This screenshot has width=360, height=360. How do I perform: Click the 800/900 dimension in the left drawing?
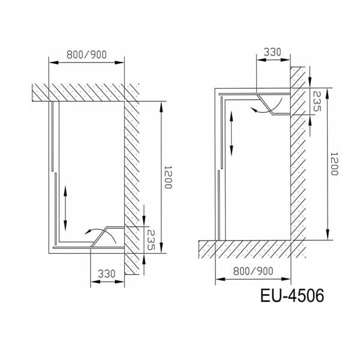coord(87,55)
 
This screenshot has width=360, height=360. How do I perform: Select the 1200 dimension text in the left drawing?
coord(169,178)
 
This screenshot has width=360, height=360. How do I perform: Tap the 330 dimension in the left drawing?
coord(106,273)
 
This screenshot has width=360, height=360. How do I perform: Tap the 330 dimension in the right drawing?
coord(273,52)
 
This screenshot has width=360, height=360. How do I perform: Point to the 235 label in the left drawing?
coord(151,240)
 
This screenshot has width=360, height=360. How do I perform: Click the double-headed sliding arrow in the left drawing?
coord(65,203)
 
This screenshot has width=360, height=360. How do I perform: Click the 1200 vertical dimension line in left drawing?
coord(161,178)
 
